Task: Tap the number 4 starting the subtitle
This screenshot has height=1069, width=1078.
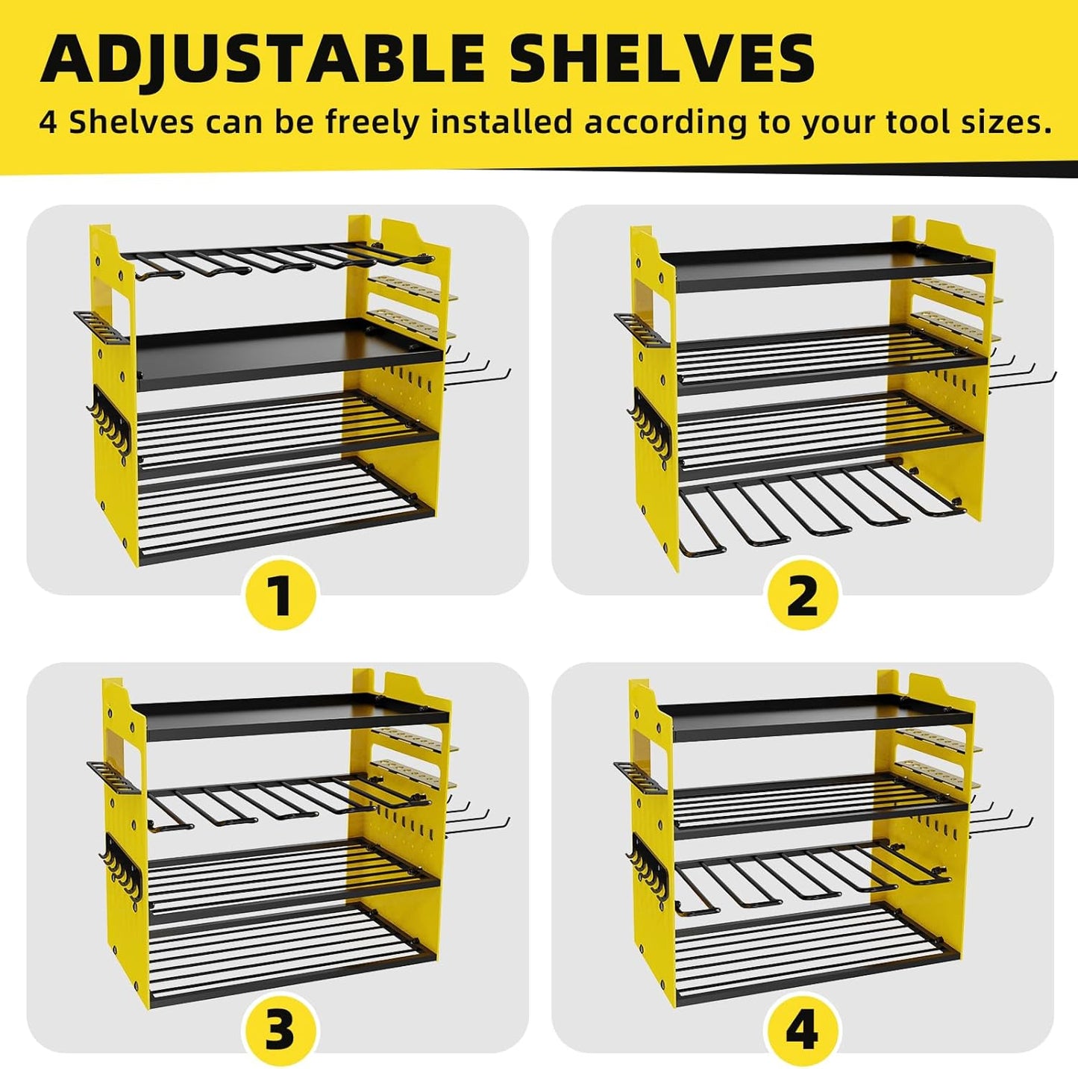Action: coord(48,122)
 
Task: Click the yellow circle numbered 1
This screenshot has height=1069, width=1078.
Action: coord(281,595)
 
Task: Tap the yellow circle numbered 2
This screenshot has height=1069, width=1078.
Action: coord(802,595)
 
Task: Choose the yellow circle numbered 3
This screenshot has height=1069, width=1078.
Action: coord(281,1031)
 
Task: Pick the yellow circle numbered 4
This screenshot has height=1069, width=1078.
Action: coord(802,1031)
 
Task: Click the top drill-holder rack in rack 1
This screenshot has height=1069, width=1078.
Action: coord(276,261)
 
